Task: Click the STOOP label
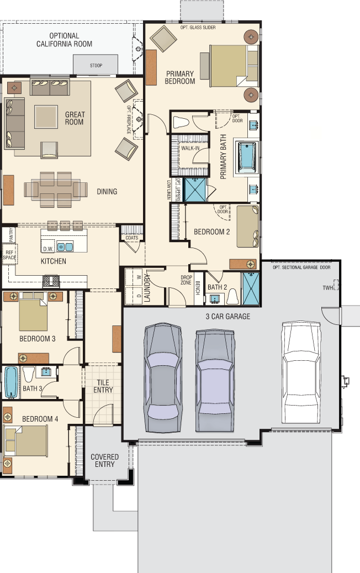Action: point(96,65)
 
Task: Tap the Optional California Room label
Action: point(64,40)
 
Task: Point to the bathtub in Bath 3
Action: point(11,382)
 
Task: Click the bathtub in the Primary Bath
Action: point(247,157)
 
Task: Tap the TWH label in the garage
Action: point(327,287)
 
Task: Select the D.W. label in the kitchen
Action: point(48,249)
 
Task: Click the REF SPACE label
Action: point(9,255)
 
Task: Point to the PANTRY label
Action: point(11,235)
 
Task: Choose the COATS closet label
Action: point(132,238)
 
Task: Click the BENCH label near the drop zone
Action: point(198,287)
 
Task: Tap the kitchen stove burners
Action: point(51,281)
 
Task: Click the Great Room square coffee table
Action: point(46,117)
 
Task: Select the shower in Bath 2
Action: point(251,288)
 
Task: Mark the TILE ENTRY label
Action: point(103,386)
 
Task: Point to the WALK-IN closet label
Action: point(190,148)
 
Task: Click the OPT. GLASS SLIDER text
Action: point(198,28)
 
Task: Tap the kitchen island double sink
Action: point(65,247)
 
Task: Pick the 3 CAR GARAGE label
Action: point(228,317)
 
